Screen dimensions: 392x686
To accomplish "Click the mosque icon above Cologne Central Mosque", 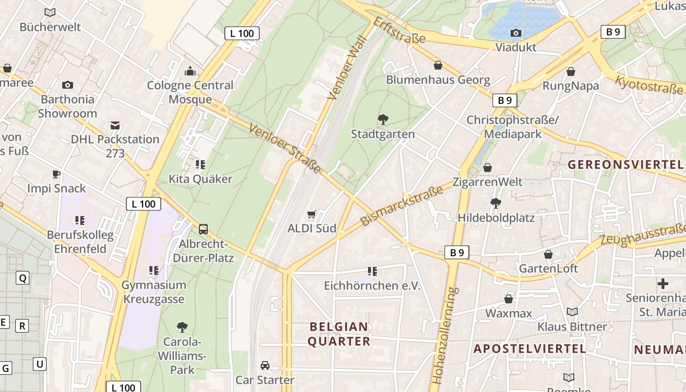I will [x=190, y=72].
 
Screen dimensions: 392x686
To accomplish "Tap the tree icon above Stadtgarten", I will [x=383, y=119].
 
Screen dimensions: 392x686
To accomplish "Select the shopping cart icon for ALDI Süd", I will [x=311, y=215].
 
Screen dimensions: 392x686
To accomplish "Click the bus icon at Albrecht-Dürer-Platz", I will [x=203, y=229].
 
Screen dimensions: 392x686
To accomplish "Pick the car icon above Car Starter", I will [x=265, y=366].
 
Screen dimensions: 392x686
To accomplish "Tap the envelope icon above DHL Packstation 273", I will [x=115, y=125].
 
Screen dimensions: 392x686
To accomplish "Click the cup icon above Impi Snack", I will [x=56, y=174].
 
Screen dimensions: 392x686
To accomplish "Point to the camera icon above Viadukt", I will [x=515, y=33].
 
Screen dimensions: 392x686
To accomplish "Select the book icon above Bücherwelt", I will [x=50, y=12].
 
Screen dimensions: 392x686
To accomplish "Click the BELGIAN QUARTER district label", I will [x=339, y=334].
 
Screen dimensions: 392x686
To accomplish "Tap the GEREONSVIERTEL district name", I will [x=625, y=165].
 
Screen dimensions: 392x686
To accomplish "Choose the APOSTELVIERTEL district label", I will [x=530, y=349].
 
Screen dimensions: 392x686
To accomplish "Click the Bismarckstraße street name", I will [x=402, y=205].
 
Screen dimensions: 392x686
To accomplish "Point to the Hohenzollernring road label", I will [x=445, y=336].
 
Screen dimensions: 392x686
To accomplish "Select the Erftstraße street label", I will [x=399, y=30].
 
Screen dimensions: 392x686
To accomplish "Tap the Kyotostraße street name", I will [x=649, y=85].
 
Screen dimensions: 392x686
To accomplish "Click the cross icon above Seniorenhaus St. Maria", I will [x=662, y=284].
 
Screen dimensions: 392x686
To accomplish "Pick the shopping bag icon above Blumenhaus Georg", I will [x=438, y=65].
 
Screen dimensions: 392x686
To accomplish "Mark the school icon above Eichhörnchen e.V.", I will [x=372, y=271].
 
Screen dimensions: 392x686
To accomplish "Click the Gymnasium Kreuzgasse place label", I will [x=154, y=292].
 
